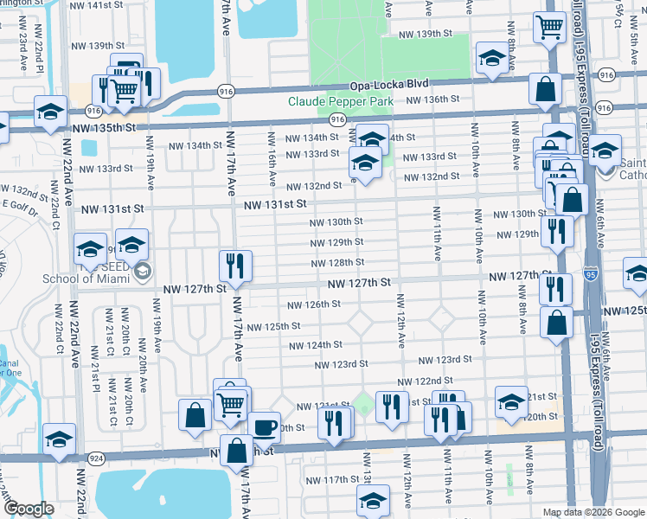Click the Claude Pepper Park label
(x=341, y=101)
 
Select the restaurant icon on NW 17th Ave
(x=234, y=266)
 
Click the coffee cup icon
(x=265, y=426)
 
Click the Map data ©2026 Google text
(x=593, y=512)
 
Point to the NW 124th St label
(x=316, y=345)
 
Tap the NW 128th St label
(x=337, y=262)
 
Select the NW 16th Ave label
(x=272, y=161)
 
